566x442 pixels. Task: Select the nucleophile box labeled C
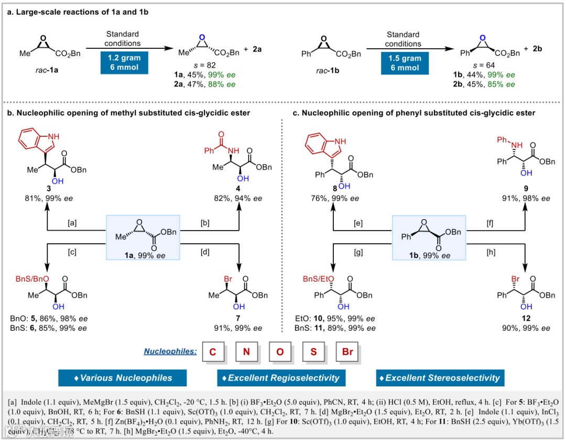point(213,352)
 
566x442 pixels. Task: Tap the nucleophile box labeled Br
point(347,352)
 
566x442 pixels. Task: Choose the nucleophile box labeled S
point(313,352)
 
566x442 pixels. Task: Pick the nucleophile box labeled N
point(246,352)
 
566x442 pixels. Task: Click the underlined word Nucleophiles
point(170,352)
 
